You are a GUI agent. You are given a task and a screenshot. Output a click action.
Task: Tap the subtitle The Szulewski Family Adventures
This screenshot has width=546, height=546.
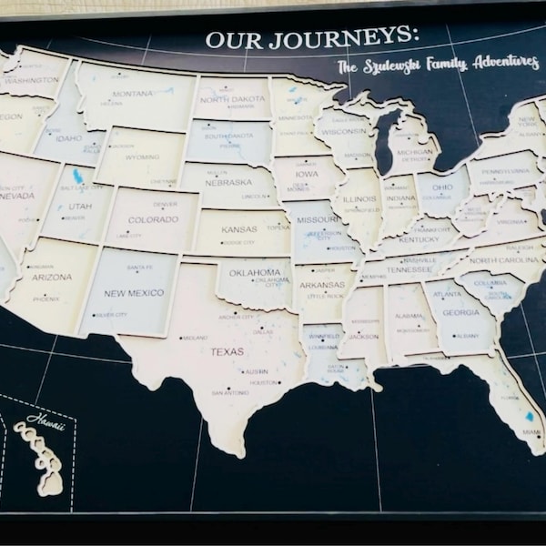tap(437, 65)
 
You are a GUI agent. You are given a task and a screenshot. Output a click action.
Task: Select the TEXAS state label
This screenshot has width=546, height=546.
tap(227, 351)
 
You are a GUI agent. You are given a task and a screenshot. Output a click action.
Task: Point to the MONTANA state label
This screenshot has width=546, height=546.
tap(133, 94)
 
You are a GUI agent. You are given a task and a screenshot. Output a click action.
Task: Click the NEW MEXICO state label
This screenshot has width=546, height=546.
tap(134, 293)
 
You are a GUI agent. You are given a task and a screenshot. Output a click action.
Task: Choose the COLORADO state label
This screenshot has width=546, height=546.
tap(153, 219)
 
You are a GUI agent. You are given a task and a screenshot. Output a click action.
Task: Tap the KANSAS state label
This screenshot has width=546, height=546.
tap(238, 229)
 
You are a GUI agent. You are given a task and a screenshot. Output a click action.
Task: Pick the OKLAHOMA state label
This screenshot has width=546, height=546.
tap(255, 271)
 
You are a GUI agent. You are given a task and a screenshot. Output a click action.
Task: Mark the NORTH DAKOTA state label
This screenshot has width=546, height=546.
tap(233, 99)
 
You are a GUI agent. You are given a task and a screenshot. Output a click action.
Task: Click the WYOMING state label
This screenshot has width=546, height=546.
tap(142, 157)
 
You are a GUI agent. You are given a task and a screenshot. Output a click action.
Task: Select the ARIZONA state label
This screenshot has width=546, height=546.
tap(50, 278)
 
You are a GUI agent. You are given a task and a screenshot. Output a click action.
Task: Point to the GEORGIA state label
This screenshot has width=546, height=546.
tap(460, 313)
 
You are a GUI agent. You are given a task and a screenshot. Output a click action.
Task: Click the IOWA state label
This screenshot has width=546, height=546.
tap(307, 173)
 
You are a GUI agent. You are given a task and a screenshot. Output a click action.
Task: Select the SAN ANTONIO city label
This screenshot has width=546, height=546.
tap(229, 393)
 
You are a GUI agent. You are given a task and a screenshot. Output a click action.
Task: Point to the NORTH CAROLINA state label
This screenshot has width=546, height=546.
tap(502, 260)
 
